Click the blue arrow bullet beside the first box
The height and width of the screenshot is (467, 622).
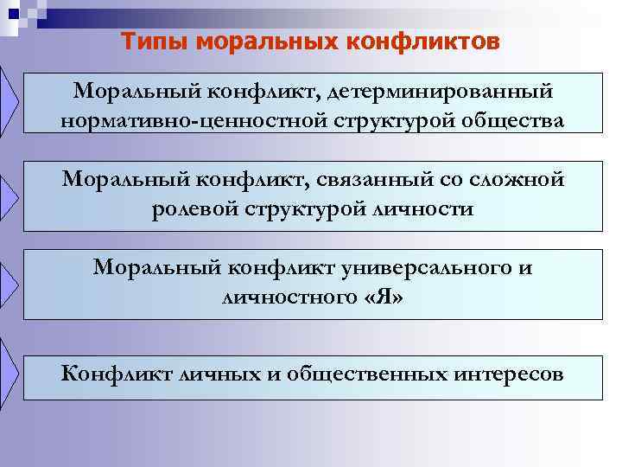point(9,102)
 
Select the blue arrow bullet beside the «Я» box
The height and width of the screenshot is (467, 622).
point(9,281)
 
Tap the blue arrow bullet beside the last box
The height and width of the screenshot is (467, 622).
point(9,368)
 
